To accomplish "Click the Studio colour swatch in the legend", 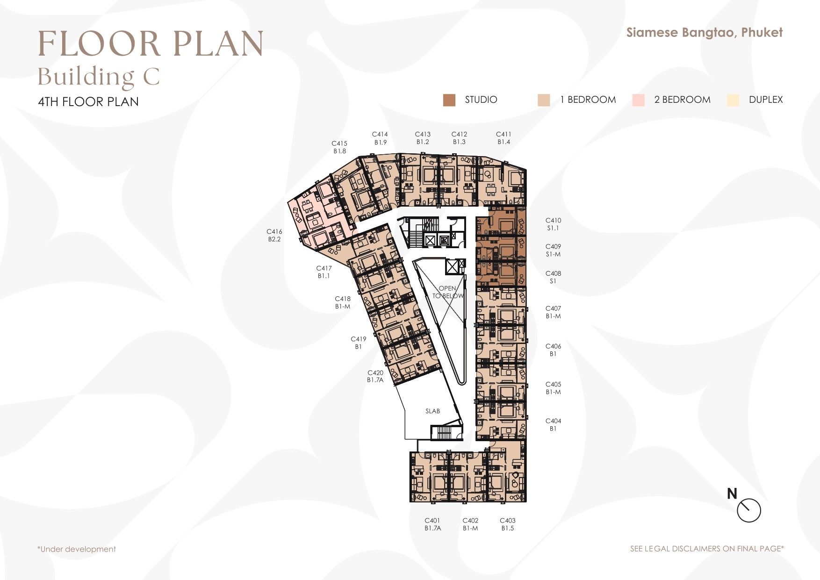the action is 449,100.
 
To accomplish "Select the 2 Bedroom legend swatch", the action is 638,100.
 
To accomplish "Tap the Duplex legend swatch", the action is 733,100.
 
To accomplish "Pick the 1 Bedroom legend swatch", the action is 544,100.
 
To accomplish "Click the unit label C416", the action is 274,231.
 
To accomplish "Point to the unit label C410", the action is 553,220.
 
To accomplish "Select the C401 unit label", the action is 432,520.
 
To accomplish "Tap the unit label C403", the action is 508,520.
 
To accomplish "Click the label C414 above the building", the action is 380,134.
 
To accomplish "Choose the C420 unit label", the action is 375,372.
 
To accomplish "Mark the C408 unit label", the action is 553,273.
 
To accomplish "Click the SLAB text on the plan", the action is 433,411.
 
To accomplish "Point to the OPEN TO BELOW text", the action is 447,292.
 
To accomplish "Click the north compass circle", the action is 749,511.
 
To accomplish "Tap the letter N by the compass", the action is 732,494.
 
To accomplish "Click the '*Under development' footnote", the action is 77,549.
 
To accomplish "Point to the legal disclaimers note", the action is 707,549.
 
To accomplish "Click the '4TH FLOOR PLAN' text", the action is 88,102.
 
